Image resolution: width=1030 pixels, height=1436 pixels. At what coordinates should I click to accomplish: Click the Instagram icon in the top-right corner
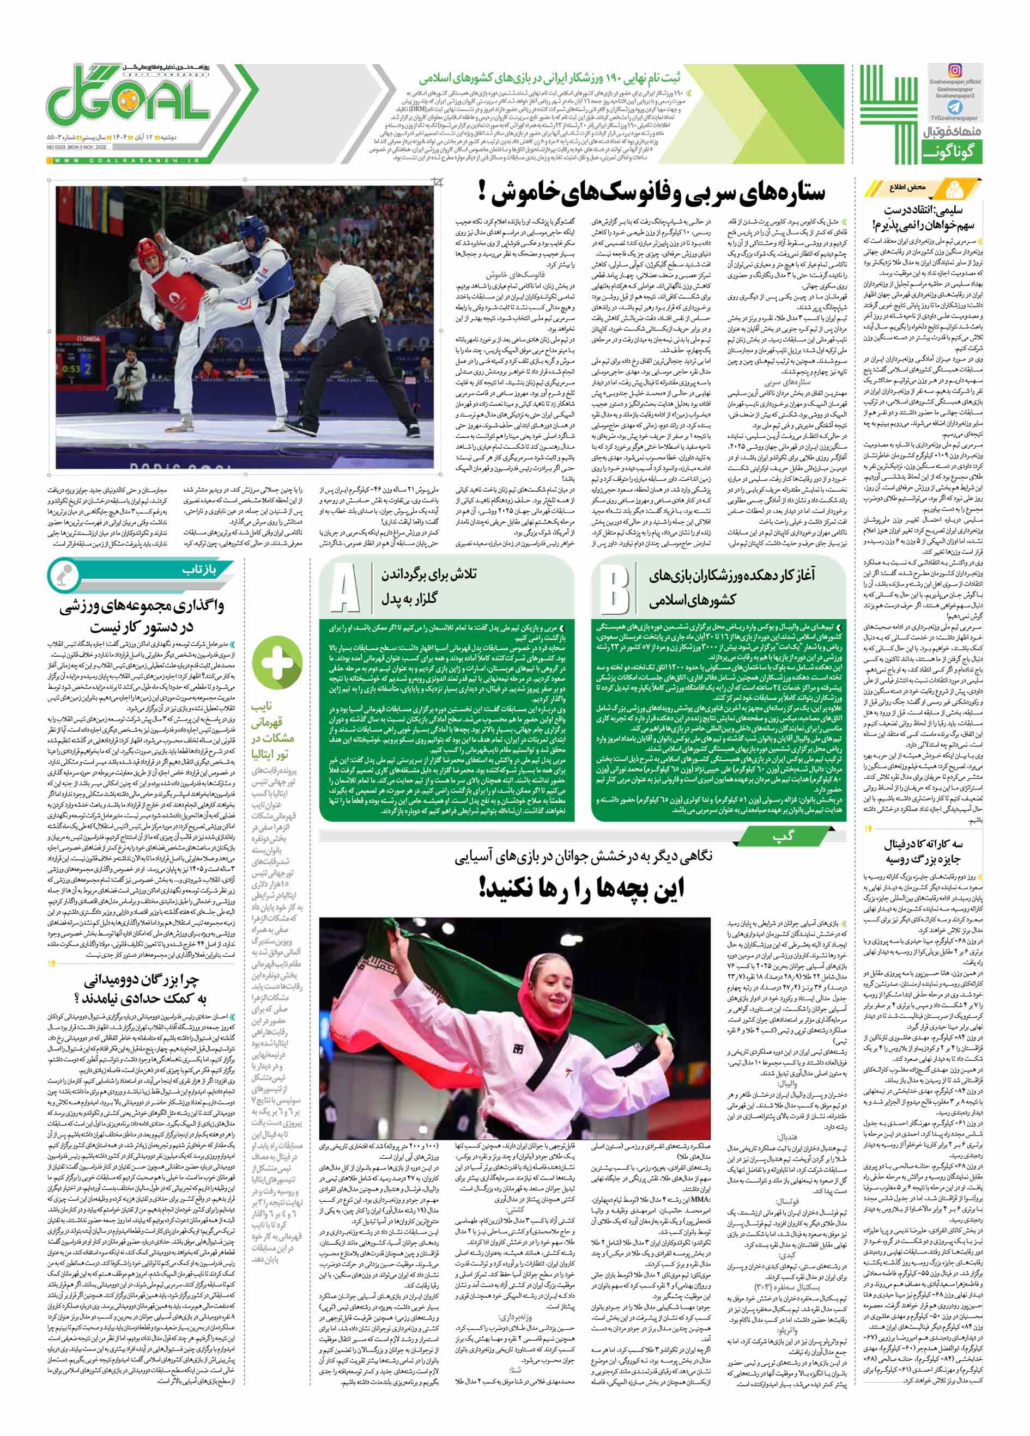pyautogui.click(x=954, y=71)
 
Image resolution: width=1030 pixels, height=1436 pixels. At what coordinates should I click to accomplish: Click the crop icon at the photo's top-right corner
pyautogui.click(x=436, y=184)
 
